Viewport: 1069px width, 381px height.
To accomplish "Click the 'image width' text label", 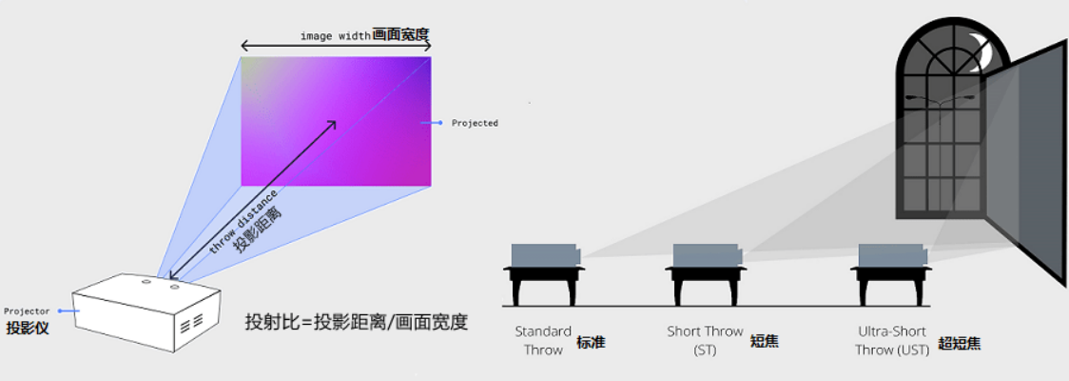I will (x=336, y=36).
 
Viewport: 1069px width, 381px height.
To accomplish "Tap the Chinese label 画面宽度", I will (x=401, y=35).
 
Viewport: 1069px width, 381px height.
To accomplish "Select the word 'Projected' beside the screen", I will (x=475, y=123).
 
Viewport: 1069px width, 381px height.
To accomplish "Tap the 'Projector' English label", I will (x=27, y=311).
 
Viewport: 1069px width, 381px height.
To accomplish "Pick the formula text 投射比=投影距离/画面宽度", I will (x=357, y=322).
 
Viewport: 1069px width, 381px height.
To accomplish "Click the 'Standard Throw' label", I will (x=543, y=340).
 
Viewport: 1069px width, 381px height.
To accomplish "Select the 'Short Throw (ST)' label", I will (x=705, y=340).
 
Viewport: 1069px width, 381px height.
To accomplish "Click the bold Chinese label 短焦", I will (x=764, y=340).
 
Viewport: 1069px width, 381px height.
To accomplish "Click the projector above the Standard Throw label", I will (x=545, y=255).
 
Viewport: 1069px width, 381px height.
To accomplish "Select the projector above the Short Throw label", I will (x=707, y=255).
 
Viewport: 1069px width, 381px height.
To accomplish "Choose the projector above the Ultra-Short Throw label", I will (x=892, y=255).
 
